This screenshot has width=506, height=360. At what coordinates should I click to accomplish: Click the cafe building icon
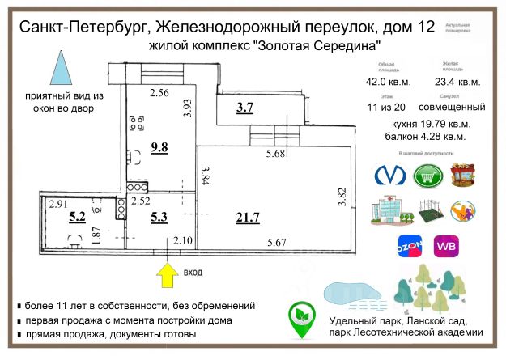(462, 176)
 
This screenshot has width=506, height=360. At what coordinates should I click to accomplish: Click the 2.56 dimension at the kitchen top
(159, 93)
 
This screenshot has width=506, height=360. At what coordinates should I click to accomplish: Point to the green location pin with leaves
(303, 318)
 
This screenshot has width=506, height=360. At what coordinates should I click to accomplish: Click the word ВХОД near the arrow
(195, 273)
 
